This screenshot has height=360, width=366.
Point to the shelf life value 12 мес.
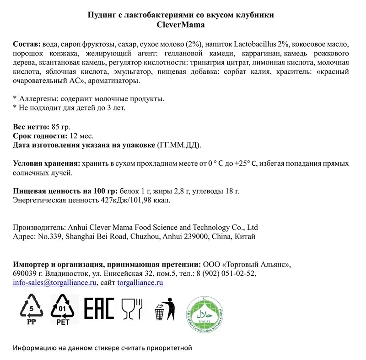click(x=82, y=136)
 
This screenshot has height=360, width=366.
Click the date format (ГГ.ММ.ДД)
click(x=179, y=145)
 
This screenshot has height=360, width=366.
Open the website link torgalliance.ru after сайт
click(x=140, y=283)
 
